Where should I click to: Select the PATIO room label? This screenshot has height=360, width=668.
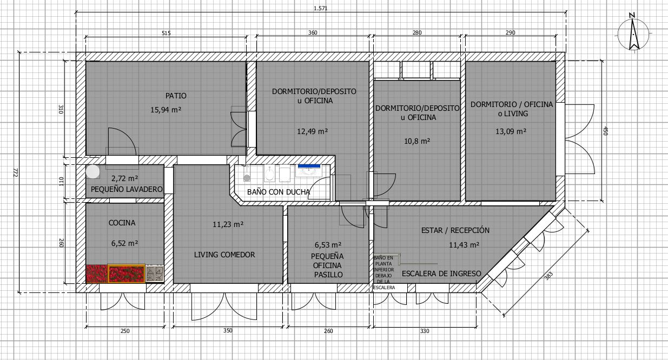point(176,96)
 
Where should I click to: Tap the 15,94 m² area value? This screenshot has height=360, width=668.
point(166,110)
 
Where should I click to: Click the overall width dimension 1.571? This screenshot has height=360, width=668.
point(320,8)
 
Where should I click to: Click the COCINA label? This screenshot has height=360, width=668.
point(122,223)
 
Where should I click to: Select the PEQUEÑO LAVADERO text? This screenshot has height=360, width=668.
point(127,190)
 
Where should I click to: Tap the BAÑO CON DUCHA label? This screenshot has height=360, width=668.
point(279,192)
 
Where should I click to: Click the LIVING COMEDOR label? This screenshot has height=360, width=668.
point(224,255)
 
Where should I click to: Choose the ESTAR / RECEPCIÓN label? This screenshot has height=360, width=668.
point(455,230)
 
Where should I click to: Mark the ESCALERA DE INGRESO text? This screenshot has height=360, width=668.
point(441,274)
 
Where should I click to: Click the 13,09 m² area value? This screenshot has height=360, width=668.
point(511,131)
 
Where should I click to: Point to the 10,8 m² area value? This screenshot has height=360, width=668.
point(417,141)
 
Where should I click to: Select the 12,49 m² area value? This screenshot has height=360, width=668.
point(313,131)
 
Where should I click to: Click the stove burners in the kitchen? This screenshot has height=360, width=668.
point(155,274)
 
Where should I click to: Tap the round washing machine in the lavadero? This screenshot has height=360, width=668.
point(94,171)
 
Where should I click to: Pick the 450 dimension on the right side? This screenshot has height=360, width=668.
point(605,131)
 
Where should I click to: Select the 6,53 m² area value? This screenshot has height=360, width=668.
point(328,244)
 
